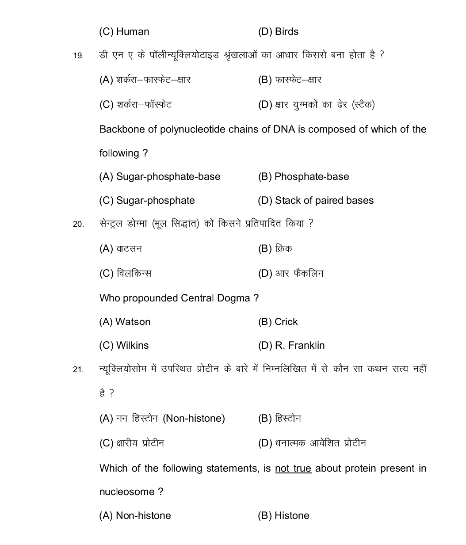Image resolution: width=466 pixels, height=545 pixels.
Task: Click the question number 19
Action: (x=78, y=56)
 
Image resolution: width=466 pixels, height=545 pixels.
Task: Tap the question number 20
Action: (x=78, y=225)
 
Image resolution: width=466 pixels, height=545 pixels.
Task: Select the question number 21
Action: (x=78, y=370)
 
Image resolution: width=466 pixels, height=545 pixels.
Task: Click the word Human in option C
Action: (x=133, y=32)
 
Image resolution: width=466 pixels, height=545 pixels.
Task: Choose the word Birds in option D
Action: (x=286, y=32)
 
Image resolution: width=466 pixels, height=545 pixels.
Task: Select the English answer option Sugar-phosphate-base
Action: (x=168, y=177)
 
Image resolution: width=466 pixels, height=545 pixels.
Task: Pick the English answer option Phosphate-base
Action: (x=312, y=177)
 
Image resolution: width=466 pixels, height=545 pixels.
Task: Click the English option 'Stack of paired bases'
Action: (x=324, y=201)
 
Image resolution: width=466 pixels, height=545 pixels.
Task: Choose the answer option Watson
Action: (x=133, y=322)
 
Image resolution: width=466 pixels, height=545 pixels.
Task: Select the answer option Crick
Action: (x=286, y=322)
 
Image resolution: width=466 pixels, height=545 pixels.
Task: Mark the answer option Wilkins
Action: (x=132, y=346)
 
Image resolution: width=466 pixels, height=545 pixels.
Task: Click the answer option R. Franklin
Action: (x=300, y=346)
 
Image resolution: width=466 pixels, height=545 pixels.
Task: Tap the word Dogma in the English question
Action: (x=233, y=298)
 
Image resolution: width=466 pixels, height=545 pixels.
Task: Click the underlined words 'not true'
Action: (x=293, y=469)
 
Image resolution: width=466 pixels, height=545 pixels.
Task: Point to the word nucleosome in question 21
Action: (x=127, y=492)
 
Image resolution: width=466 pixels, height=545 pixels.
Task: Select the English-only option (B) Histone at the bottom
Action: (x=292, y=516)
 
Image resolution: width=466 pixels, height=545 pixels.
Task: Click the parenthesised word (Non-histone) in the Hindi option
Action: (x=194, y=419)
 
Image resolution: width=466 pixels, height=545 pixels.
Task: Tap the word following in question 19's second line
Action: (x=119, y=153)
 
